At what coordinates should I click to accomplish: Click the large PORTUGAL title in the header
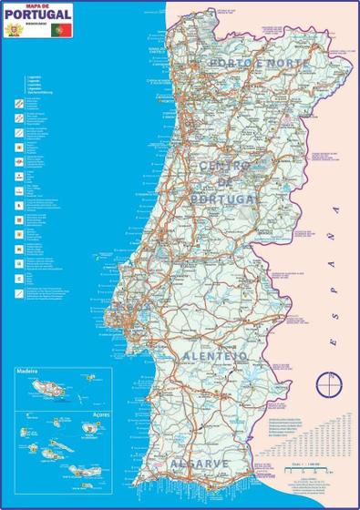click(37, 15)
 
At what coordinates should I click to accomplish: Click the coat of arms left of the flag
click(14, 30)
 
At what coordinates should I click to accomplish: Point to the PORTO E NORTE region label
click(248, 63)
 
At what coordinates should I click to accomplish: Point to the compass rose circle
click(323, 385)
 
